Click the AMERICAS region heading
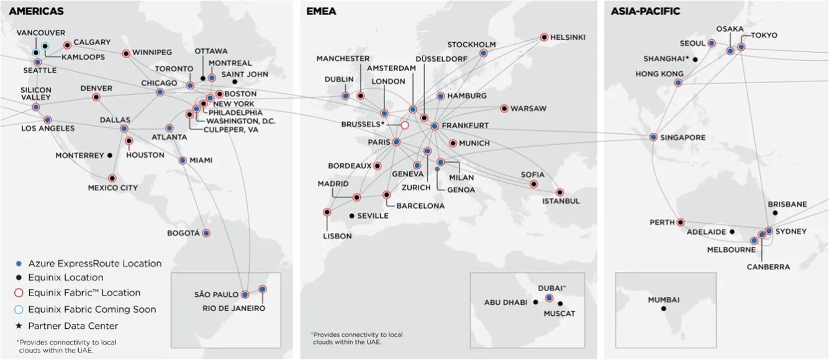click(x=36, y=11)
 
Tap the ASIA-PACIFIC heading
click(x=645, y=11)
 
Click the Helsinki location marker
click(x=544, y=37)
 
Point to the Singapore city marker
click(x=654, y=137)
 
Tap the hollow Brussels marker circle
click(x=405, y=125)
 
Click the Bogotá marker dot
click(x=206, y=233)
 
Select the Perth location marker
click(x=681, y=222)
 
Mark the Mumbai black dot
click(x=663, y=308)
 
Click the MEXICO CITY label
click(x=112, y=187)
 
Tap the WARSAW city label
click(x=528, y=109)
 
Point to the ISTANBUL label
click(x=560, y=201)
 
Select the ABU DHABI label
click(x=505, y=302)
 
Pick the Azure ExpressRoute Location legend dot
click(x=18, y=263)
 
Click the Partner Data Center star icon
click(x=18, y=326)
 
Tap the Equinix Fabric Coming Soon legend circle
click(x=18, y=309)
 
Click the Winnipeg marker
click(x=126, y=53)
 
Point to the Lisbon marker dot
click(x=327, y=212)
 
